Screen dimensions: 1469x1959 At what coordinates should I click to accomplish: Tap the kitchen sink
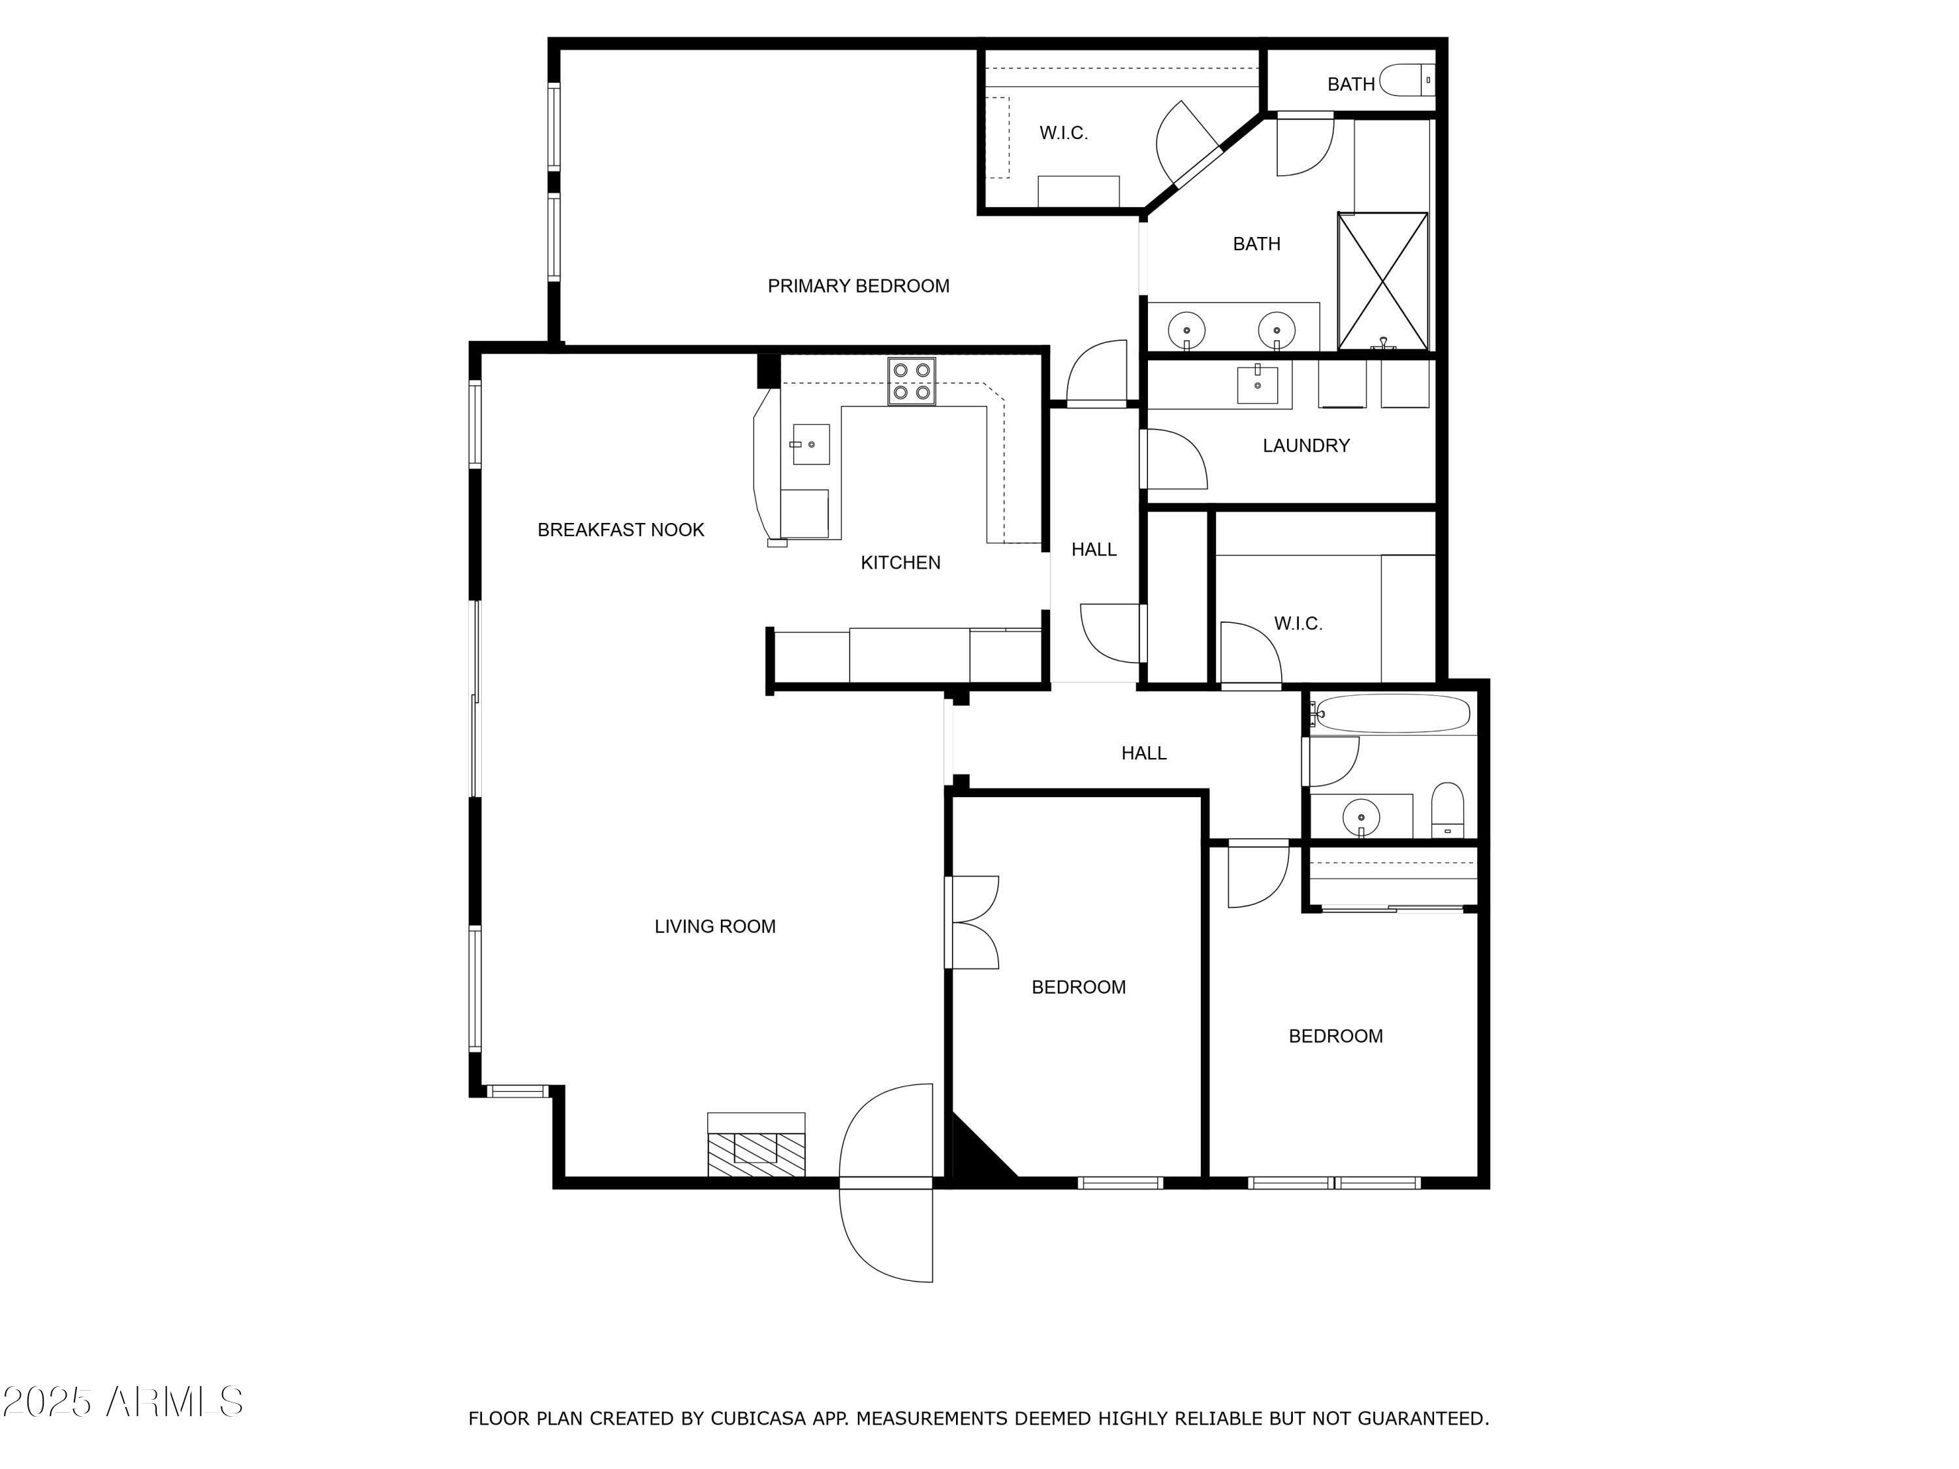coord(810,443)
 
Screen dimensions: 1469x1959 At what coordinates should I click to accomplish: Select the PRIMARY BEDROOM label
coord(857,286)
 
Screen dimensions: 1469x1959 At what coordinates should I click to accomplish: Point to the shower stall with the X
coord(1382,281)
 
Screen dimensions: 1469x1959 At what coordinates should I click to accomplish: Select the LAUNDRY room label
coord(1305,445)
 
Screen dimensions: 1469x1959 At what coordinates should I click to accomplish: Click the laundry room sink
coord(1257,385)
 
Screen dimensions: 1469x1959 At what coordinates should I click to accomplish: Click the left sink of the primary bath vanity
coord(1186,331)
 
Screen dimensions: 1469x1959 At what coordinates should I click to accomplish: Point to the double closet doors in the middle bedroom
coord(972,923)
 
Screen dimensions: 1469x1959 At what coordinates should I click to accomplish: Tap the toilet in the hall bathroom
coord(1448,808)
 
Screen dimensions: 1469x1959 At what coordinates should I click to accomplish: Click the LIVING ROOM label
coord(714,926)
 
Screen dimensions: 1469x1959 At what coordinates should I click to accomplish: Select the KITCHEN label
coord(900,562)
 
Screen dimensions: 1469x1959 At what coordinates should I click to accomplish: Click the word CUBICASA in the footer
coord(758,1419)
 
